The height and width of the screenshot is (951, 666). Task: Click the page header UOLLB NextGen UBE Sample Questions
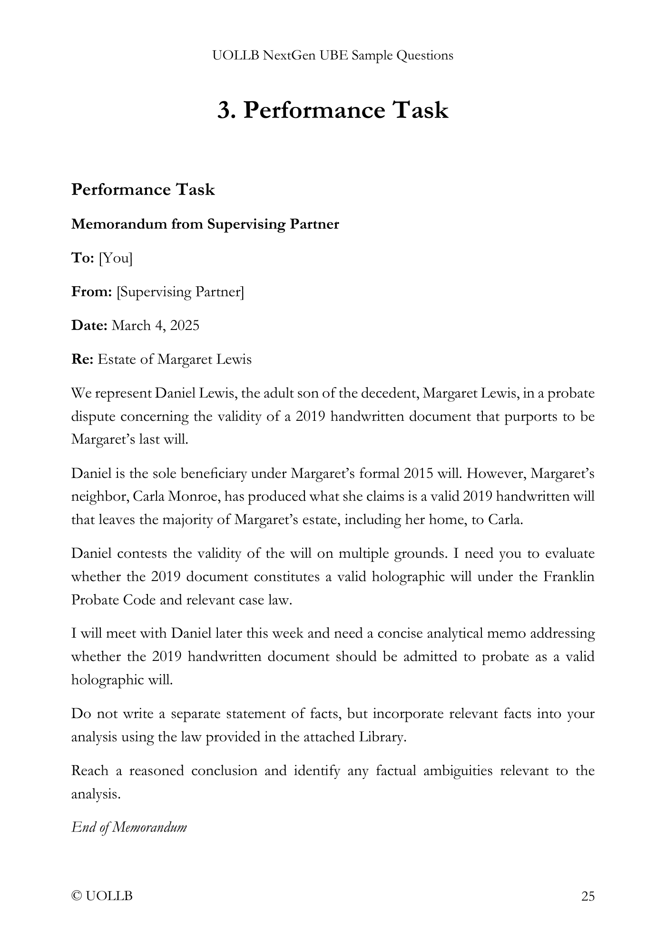(333, 56)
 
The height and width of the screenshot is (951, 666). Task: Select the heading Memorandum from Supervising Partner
(205, 224)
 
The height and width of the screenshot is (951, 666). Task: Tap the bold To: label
(83, 258)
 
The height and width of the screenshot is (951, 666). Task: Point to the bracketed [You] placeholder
(116, 258)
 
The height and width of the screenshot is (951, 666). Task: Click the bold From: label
(91, 291)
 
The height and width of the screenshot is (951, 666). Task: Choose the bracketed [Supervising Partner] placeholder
(180, 292)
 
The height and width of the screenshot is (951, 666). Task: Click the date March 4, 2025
(155, 326)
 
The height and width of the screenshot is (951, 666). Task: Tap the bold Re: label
(82, 359)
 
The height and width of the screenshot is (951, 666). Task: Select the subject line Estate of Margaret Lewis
(174, 359)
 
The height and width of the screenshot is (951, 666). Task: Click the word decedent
(390, 394)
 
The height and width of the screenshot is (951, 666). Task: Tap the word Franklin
(569, 577)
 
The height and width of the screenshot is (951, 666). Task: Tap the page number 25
(588, 896)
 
